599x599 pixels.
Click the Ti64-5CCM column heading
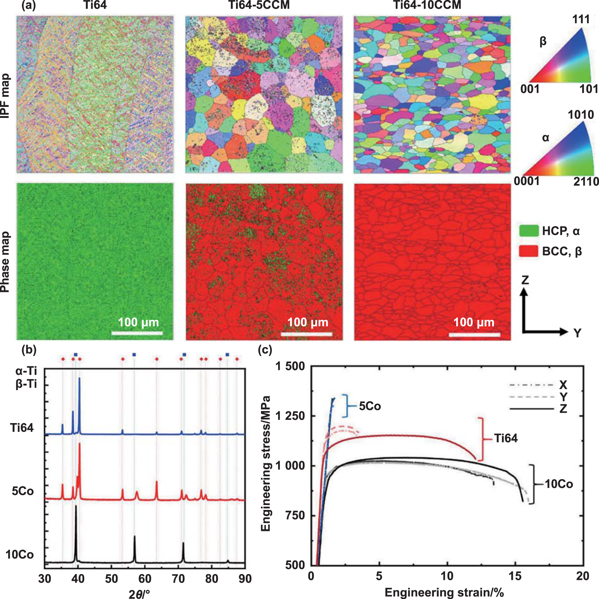tap(259, 5)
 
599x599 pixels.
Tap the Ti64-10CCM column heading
tap(427, 5)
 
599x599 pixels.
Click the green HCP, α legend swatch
tap(528, 231)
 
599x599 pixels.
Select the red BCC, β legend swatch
tap(528, 251)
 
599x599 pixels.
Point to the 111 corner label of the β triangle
tap(581, 19)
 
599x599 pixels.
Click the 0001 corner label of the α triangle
tap(527, 181)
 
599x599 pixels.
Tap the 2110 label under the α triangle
tap(586, 181)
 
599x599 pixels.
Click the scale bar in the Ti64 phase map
tap(137, 333)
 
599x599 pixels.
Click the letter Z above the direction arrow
tap(525, 280)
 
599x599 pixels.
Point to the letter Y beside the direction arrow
tap(577, 333)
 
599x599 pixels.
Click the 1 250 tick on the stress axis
tap(290, 416)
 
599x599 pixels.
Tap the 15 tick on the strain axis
tap(515, 576)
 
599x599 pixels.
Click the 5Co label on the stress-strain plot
tap(370, 406)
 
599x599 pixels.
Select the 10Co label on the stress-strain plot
tap(559, 484)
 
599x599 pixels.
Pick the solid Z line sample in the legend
tap(531, 409)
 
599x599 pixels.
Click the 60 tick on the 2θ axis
tap(145, 579)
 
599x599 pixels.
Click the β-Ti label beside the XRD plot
tap(26, 384)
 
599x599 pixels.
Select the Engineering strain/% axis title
tap(444, 592)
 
